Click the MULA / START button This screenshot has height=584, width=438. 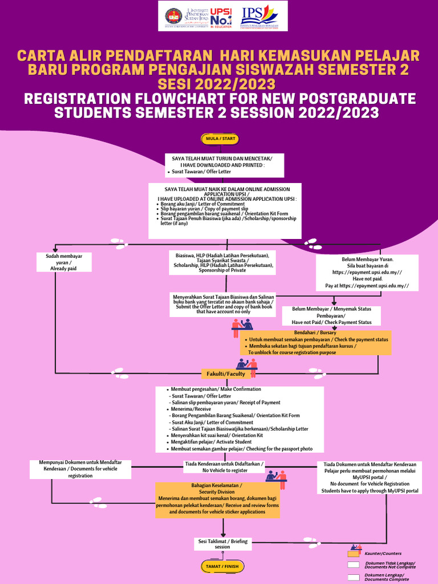pos(220,139)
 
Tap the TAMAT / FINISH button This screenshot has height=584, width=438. pos(222,566)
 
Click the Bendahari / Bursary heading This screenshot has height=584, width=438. pos(315,332)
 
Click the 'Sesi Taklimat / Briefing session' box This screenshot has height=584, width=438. pos(222,544)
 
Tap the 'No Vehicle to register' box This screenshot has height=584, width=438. pos(225,467)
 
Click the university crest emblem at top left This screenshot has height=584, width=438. pos(173,16)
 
